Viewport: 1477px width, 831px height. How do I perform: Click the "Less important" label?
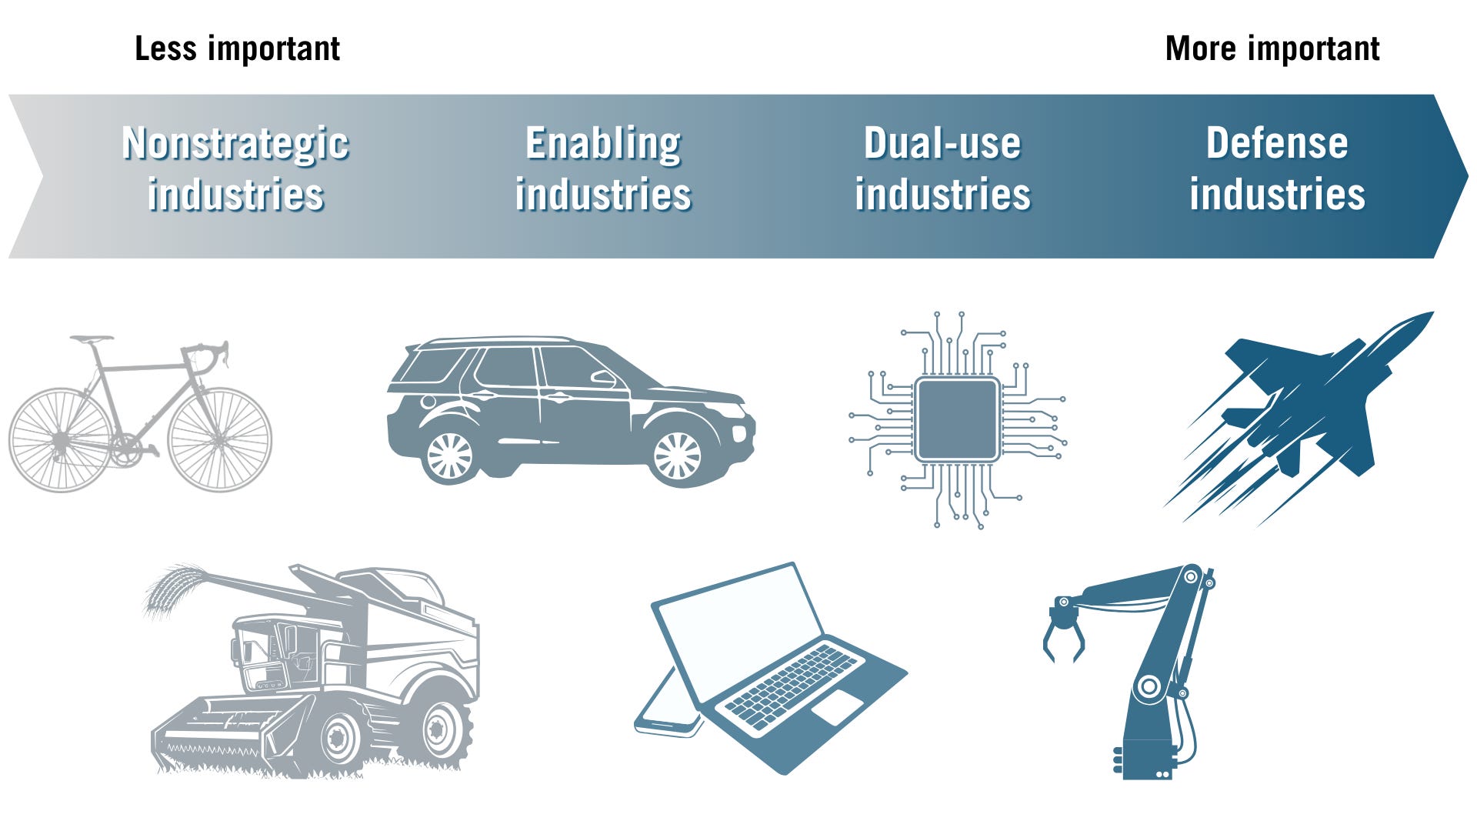237,49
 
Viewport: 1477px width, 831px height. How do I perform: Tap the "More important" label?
1272,49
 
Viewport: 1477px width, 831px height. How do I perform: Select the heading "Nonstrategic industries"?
235,168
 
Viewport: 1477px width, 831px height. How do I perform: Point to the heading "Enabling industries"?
603,168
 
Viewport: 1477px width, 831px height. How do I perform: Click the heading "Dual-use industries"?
942,168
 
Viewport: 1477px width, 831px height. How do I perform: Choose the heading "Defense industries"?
1277,168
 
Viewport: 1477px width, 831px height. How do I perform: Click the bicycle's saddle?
91,339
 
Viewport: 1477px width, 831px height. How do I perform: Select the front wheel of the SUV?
677,456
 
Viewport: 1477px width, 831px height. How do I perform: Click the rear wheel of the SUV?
449,456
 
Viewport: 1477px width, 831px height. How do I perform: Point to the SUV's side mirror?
603,378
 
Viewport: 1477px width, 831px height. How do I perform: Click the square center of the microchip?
958,419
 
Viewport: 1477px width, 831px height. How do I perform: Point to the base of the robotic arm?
1146,758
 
